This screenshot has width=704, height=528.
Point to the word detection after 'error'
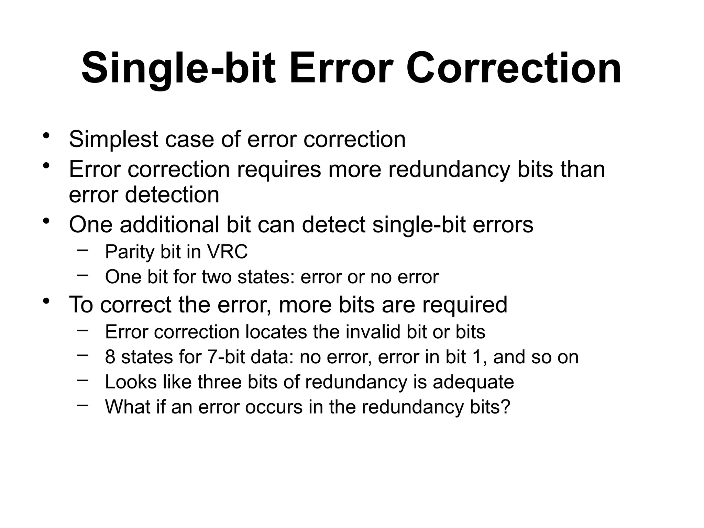(172, 195)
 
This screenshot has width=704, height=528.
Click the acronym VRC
(227, 252)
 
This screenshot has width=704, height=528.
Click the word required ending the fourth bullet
(464, 305)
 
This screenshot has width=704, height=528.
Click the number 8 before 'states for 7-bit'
(110, 357)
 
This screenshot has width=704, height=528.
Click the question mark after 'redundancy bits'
(506, 407)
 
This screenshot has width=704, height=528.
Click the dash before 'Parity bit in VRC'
(82, 250)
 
